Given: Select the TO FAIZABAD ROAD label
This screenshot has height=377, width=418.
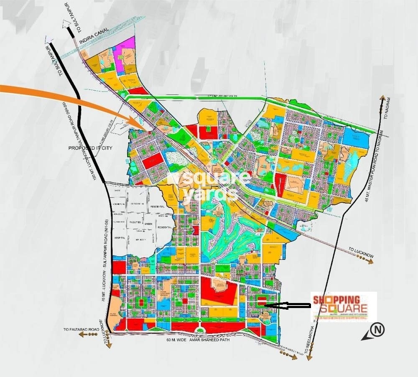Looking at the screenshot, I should [x=82, y=330].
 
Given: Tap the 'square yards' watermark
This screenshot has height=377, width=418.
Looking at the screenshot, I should [x=209, y=186].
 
